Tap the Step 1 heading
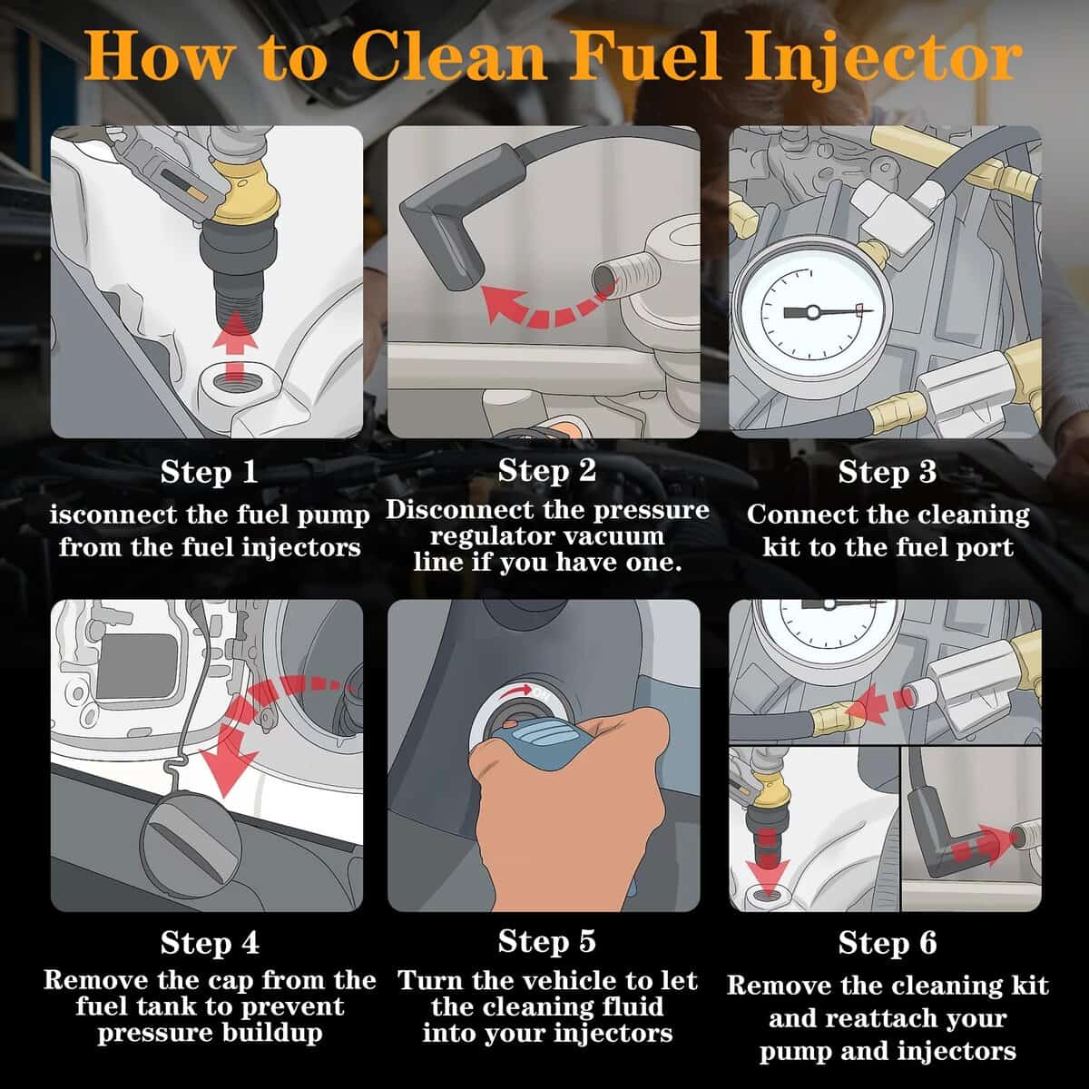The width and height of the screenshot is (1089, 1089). [209, 472]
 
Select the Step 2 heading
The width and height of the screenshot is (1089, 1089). [546, 470]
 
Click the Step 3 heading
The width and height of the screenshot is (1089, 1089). [887, 472]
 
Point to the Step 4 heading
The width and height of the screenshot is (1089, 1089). [209, 942]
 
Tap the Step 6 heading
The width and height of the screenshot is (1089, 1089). [887, 942]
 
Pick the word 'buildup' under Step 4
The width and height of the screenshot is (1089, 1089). [271, 1033]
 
